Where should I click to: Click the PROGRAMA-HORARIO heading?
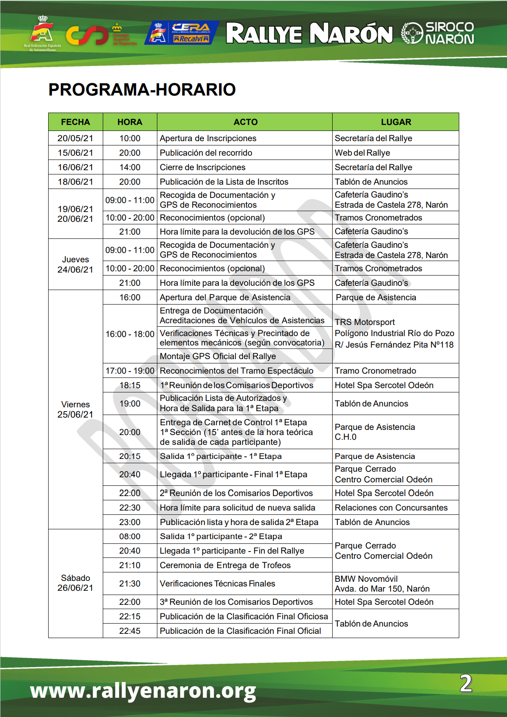click(142, 90)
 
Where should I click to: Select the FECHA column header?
click(75, 122)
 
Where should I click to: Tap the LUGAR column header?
click(396, 122)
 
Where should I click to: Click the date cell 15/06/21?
click(75, 153)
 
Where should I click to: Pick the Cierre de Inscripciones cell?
click(203, 167)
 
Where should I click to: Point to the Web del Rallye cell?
click(362, 153)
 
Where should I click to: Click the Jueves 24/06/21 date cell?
click(75, 264)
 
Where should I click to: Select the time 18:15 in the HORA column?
click(130, 385)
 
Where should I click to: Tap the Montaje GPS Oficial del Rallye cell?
click(218, 356)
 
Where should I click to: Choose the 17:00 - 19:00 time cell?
click(130, 371)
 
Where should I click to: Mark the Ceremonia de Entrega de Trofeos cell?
click(225, 565)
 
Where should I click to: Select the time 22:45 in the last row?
click(130, 631)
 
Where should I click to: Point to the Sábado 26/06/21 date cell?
click(75, 583)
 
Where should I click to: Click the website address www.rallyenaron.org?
click(143, 690)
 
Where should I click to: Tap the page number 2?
click(466, 683)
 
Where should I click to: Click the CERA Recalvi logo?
click(183, 33)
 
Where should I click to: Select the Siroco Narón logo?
click(437, 33)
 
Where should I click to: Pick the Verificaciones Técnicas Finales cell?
click(217, 583)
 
